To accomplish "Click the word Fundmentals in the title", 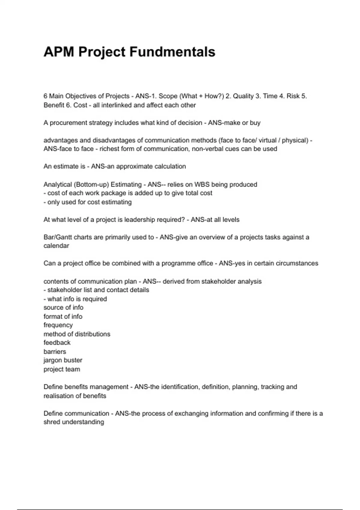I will [172, 52].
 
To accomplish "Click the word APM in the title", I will [59, 52].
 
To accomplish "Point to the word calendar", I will [56, 246].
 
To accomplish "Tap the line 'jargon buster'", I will [63, 360].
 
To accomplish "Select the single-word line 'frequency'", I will [58, 325].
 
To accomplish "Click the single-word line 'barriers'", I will [55, 352].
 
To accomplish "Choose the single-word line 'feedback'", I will [57, 343].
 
